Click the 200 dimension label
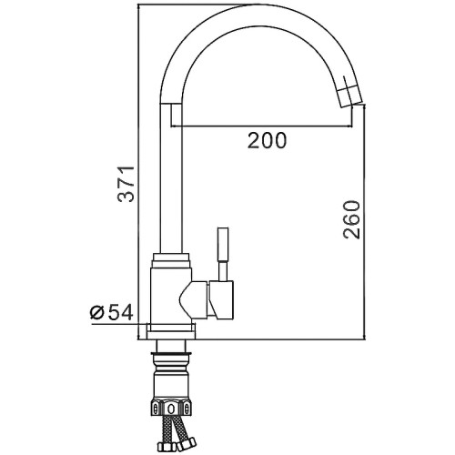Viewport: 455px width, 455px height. pyautogui.click(x=267, y=140)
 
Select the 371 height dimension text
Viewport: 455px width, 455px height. pyautogui.click(x=126, y=184)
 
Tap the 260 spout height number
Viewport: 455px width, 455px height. pyautogui.click(x=351, y=219)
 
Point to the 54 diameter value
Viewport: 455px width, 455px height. pyautogui.click(x=120, y=313)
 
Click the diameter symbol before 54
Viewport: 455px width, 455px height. pyautogui.click(x=97, y=313)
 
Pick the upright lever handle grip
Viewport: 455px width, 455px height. pyautogui.click(x=223, y=245)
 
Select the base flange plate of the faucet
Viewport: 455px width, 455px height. pyautogui.click(x=171, y=331)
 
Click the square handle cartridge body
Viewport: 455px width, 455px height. pyautogui.click(x=221, y=300)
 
